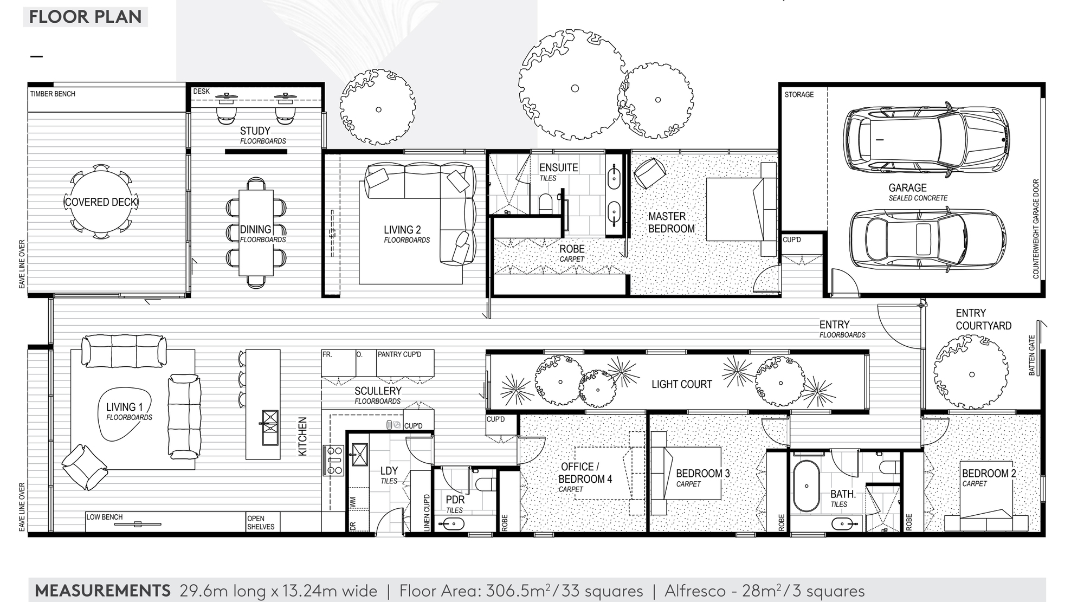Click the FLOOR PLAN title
[x=85, y=17]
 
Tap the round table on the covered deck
[x=101, y=202]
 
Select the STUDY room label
[x=255, y=131]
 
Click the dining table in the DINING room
[x=256, y=233]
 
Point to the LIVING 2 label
[x=402, y=230]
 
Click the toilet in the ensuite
[x=545, y=204]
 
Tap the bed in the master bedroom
[x=740, y=210]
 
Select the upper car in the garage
[x=926, y=139]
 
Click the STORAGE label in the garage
[x=799, y=94]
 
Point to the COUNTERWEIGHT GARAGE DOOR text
[x=1036, y=229]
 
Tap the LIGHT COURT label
[x=681, y=384]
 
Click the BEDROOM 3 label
[x=702, y=473]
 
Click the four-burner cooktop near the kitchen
[x=333, y=460]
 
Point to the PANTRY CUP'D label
[x=399, y=354]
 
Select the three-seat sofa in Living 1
[x=124, y=351]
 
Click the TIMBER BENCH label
[x=53, y=94]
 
